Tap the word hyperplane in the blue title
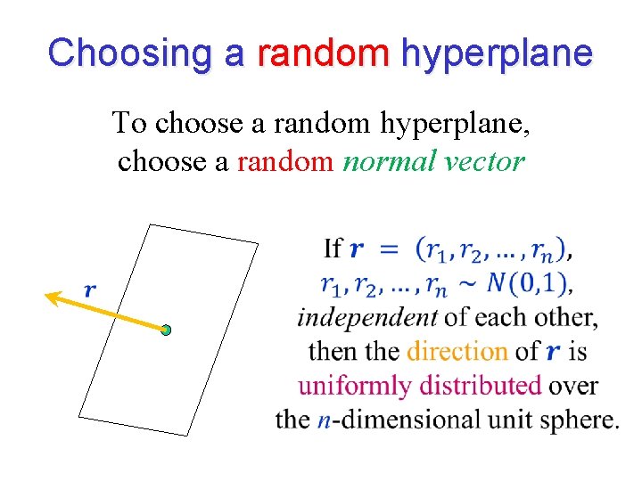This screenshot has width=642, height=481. (x=497, y=53)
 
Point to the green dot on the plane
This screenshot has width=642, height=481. (x=166, y=330)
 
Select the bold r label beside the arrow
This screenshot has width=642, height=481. (x=90, y=289)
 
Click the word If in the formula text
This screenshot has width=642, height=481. (x=333, y=249)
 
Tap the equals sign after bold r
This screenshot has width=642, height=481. (x=388, y=249)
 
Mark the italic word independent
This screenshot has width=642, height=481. (x=367, y=317)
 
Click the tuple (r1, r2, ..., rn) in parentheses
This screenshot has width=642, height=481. (x=490, y=249)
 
